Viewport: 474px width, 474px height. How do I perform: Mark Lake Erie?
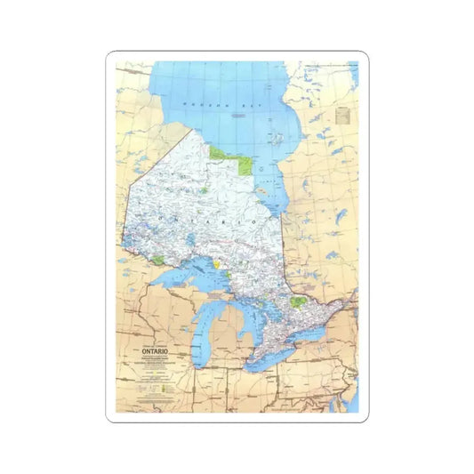pos(271,358)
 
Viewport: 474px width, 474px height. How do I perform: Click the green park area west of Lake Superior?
pos(158,260)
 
